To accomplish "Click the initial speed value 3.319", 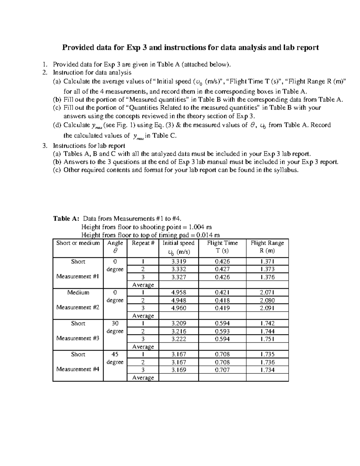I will coord(178,262).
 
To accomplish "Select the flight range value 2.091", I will coord(267,308).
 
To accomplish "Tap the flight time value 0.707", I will coord(222,370).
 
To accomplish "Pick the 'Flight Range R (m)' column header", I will coord(267,247).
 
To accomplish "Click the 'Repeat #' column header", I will coord(143,243).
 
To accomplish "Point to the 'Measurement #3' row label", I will coord(78,338).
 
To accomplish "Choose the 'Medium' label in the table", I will coord(78,293).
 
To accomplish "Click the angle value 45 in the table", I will coord(115,354).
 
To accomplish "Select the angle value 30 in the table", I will coord(115,323).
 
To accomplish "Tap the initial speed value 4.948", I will coord(178,300).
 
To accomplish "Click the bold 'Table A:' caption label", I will coord(66,218).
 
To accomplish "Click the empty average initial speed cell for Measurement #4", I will coord(178,377).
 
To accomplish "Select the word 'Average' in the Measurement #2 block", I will coord(143,316).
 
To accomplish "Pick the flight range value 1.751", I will coord(267,339).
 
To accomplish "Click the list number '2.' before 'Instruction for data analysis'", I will coord(45,72).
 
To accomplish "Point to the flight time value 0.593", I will coord(222,331).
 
